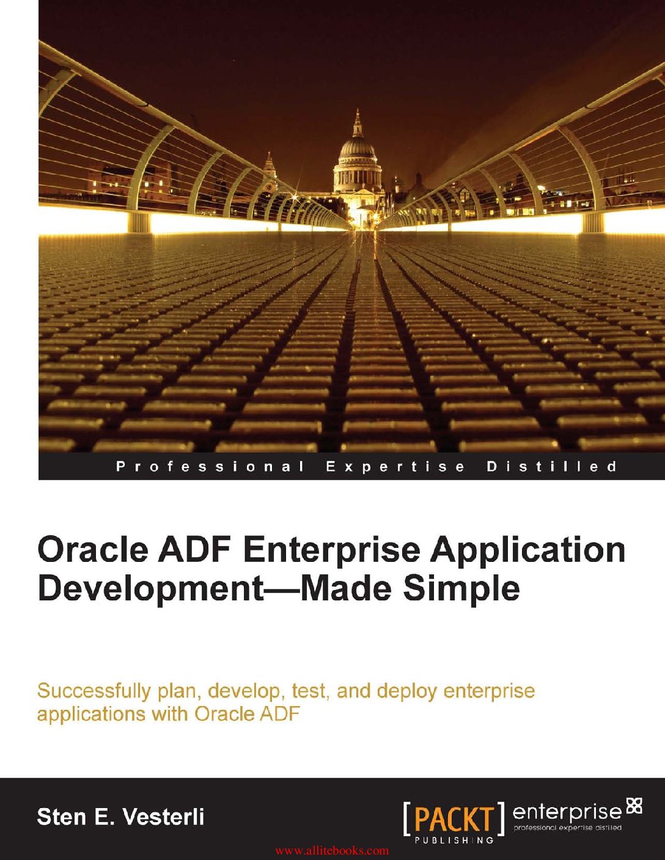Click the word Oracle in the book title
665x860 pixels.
(93, 550)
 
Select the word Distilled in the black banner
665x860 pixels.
(552, 467)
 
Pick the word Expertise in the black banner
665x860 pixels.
(395, 467)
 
